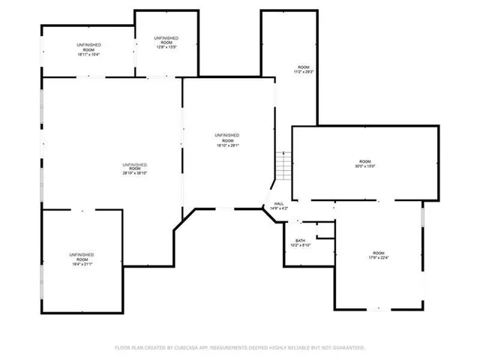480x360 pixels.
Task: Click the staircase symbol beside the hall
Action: click(283, 166)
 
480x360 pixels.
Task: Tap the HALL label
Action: click(278, 203)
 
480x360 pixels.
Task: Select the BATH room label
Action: click(300, 240)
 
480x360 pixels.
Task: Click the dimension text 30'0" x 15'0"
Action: click(364, 166)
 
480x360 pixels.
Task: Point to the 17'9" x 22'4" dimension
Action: click(379, 258)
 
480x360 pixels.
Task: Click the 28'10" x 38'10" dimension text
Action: click(135, 173)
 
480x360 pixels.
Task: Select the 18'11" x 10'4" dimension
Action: click(88, 55)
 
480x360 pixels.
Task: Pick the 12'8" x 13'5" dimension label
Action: click(166, 47)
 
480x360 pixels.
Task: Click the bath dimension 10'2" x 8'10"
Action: click(300, 245)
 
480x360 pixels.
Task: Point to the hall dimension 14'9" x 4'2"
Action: click(278, 208)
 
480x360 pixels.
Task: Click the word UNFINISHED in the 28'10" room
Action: click(135, 164)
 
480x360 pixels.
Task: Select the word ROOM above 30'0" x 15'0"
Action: click(364, 161)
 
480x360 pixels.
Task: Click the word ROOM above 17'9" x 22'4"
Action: click(379, 253)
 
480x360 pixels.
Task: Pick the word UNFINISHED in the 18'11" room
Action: click(88, 46)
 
